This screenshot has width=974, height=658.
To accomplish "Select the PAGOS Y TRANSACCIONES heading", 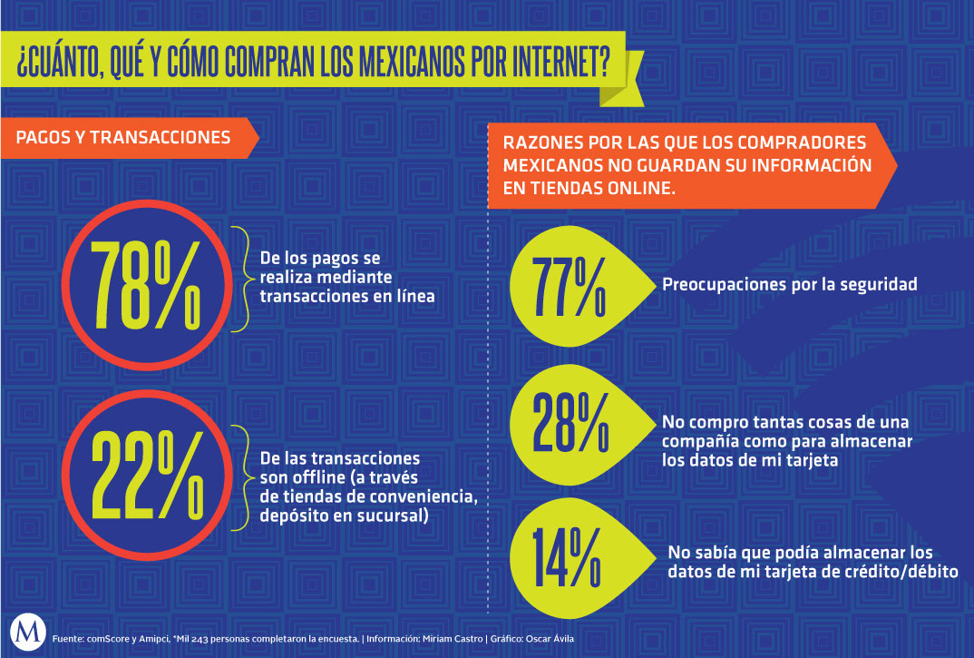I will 123,138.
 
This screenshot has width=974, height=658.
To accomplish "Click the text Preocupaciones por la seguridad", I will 789,284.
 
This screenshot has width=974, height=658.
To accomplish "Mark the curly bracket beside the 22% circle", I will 241,477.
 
